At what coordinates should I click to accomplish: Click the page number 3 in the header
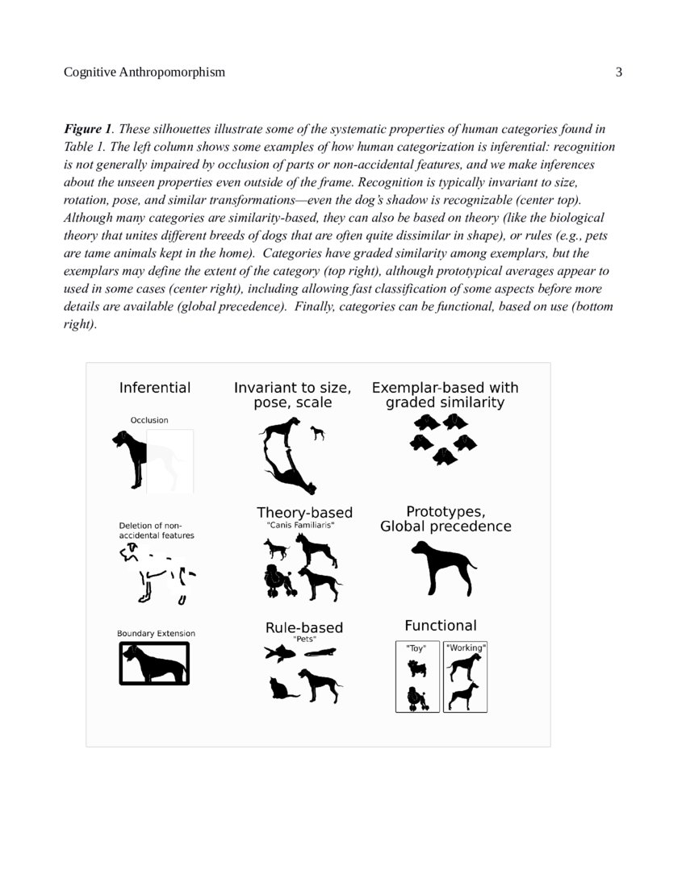(x=619, y=73)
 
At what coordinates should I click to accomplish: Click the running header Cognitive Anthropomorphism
(x=144, y=73)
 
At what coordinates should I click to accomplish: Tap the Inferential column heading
(x=155, y=388)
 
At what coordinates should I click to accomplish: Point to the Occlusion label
(x=149, y=420)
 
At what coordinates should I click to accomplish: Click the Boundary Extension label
(x=156, y=633)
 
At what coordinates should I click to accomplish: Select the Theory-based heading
(x=304, y=513)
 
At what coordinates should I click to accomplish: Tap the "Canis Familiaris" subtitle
(x=300, y=525)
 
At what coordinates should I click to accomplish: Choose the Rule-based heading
(x=304, y=627)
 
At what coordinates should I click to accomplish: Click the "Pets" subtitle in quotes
(x=303, y=639)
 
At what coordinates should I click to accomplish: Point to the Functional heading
(x=440, y=625)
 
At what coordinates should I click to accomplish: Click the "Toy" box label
(x=416, y=647)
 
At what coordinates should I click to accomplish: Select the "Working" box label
(x=466, y=647)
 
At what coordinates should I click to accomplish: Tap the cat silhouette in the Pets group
(x=282, y=688)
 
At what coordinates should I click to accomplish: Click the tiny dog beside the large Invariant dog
(x=318, y=433)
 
